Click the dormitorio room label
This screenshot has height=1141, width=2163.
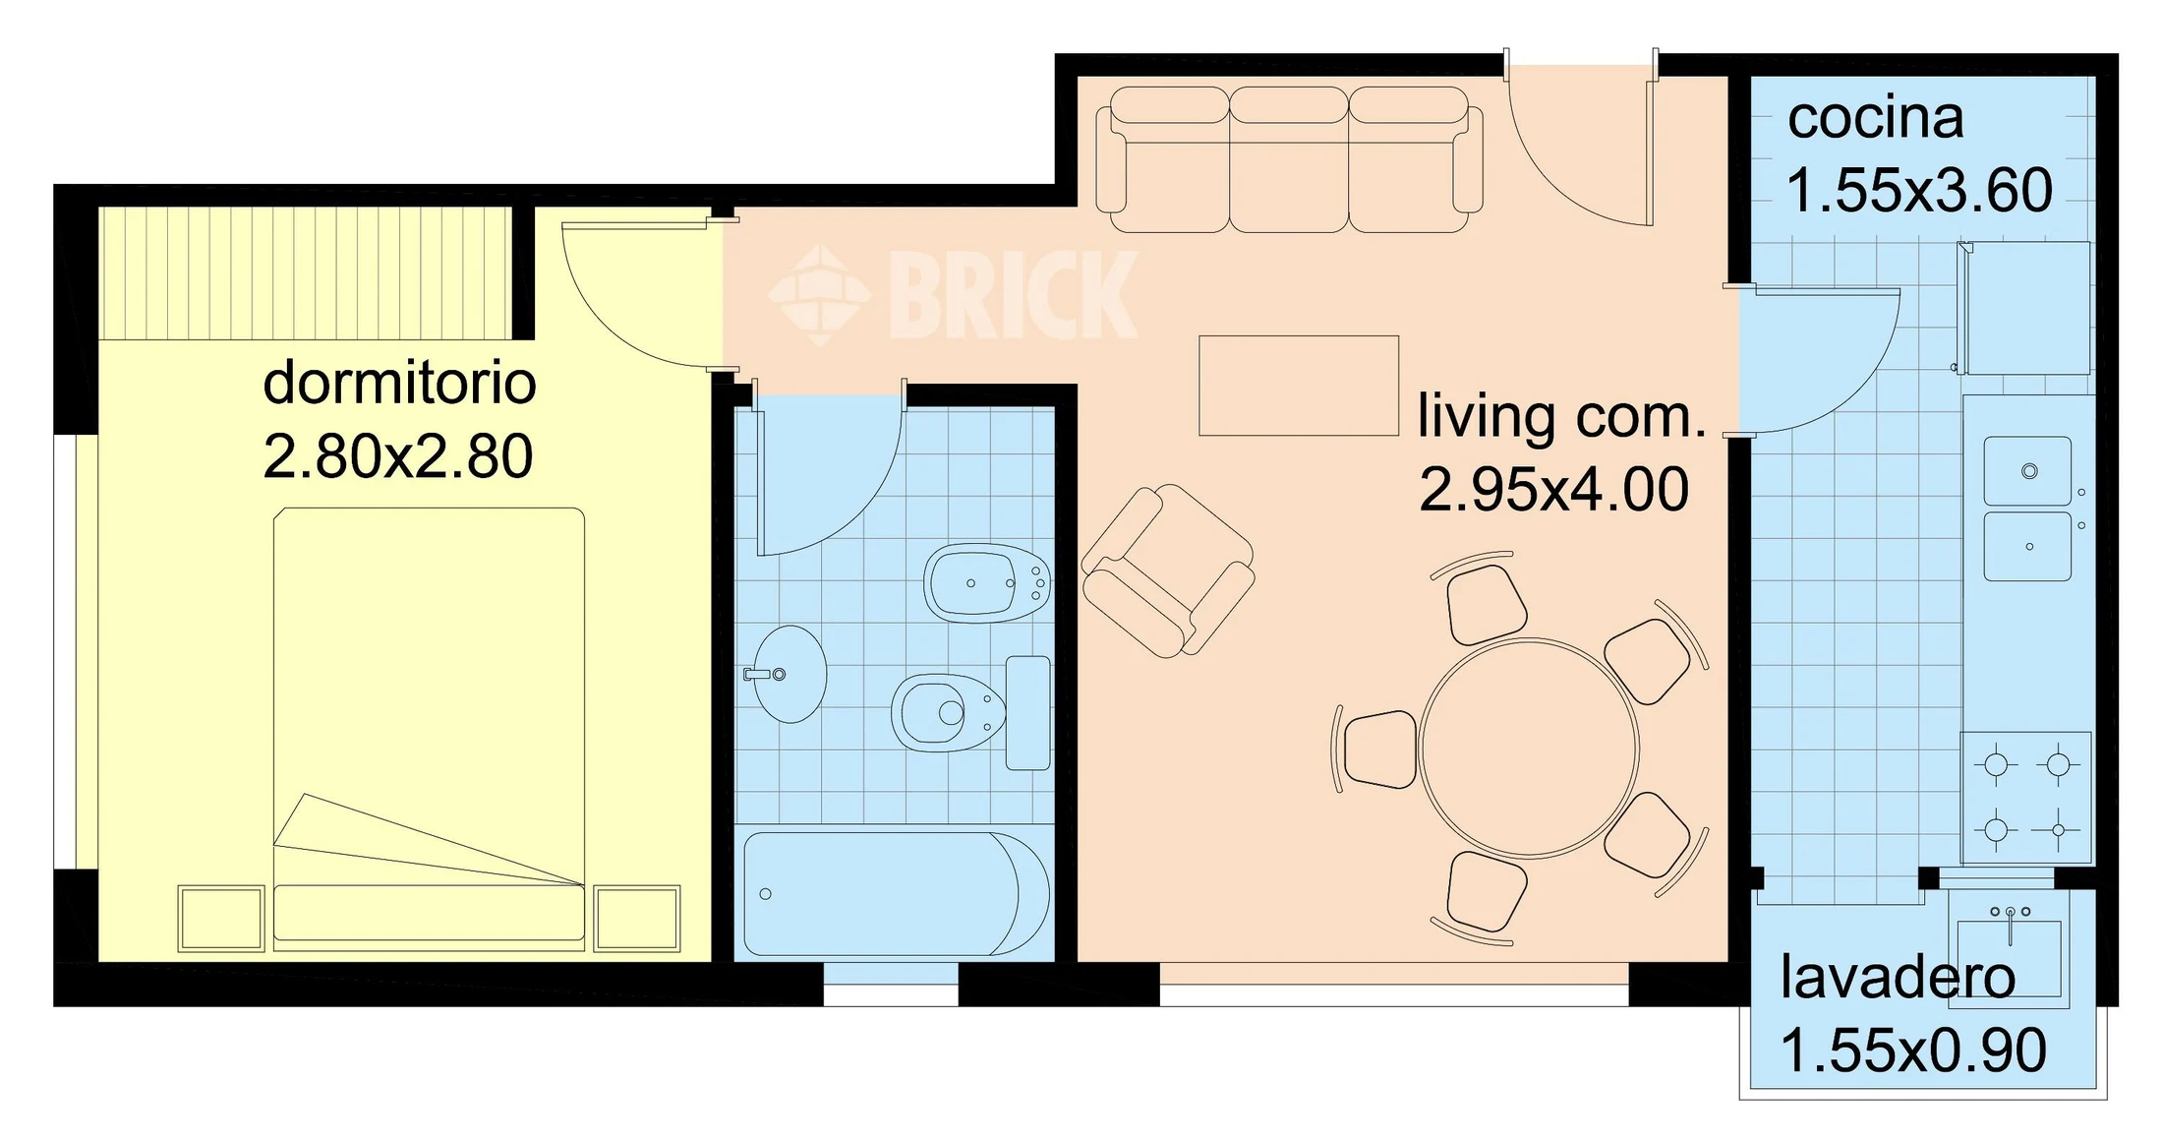pos(399,383)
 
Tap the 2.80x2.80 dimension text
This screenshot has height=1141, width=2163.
pos(398,456)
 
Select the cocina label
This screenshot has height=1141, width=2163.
pos(1875,118)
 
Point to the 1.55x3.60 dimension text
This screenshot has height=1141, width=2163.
pos(1919,190)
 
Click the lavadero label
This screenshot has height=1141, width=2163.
pos(1898,978)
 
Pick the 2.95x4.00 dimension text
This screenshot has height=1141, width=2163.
pos(1553,489)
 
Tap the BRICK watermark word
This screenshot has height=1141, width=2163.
pos(1013,295)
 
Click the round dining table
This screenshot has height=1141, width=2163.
pos(1529,749)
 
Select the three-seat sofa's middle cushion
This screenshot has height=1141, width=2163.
pos(1288,159)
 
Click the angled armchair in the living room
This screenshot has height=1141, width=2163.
pos(1168,570)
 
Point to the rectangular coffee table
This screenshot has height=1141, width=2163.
pos(1299,386)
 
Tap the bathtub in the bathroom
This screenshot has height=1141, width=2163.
pos(896,894)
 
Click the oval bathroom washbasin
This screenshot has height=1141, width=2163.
pos(789,675)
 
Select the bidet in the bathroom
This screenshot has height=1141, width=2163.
pos(987,582)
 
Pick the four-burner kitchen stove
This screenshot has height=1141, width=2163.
pos(2026,798)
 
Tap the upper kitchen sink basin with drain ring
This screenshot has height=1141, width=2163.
pos(2027,471)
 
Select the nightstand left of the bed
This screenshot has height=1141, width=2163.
pos(221,919)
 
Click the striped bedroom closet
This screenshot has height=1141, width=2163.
pos(306,272)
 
